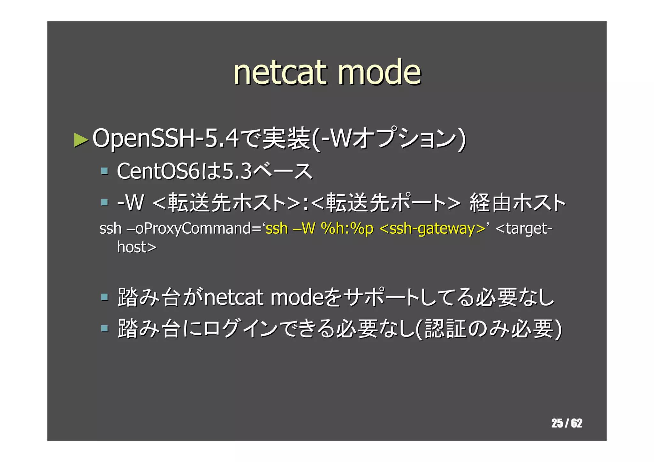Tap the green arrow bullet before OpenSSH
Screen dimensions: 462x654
(x=81, y=140)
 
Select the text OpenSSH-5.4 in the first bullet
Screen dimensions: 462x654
(x=165, y=139)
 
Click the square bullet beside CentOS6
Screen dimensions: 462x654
(x=104, y=171)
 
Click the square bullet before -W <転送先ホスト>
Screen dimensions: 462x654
(x=104, y=202)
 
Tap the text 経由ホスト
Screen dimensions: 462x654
(x=517, y=202)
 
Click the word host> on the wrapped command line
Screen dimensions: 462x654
(x=137, y=247)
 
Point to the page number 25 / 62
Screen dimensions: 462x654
(x=567, y=423)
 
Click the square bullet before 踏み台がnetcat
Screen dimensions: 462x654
(x=104, y=297)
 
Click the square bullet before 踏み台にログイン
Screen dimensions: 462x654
(x=104, y=328)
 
